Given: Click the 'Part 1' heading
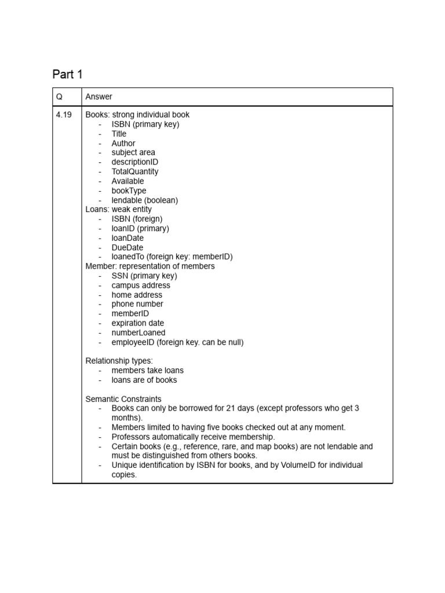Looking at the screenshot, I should [68, 74].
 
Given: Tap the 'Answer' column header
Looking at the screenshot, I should [99, 97].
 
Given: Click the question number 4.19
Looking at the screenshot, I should [64, 115].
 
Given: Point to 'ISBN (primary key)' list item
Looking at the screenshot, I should [145, 124].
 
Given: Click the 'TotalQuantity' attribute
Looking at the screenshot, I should [135, 171].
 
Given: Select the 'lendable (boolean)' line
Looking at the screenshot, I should [145, 200].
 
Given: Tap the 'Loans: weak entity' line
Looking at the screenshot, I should [119, 209].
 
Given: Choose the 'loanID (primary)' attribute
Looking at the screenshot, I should [140, 228].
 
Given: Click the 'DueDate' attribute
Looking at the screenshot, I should [127, 247].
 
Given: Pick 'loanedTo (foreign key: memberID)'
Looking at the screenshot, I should [172, 257].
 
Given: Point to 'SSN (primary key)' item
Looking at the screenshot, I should [144, 276].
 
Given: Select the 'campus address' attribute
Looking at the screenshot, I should [141, 285].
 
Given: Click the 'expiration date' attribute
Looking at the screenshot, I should [138, 323].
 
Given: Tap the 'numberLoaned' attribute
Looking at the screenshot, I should [138, 332].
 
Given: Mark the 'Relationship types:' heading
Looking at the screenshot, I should [119, 361].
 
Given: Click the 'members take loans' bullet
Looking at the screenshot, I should [147, 370].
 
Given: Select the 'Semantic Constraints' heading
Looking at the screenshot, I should [123, 399].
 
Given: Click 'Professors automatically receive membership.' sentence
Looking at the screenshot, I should [194, 437].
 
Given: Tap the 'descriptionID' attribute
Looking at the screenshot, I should [135, 162].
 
